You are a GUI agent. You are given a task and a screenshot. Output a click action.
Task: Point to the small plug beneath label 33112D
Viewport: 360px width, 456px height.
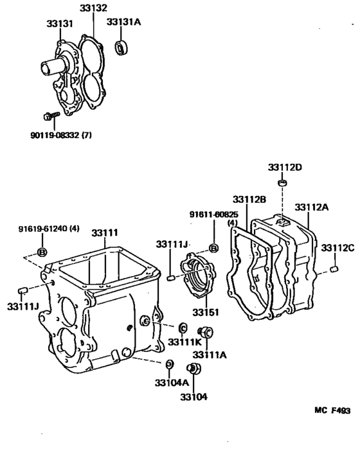282,184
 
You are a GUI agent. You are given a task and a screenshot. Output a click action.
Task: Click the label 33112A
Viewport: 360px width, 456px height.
312,207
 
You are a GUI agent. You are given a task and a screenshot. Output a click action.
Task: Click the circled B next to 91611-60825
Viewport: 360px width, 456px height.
214,248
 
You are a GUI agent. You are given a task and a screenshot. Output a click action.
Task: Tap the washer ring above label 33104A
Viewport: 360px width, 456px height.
170,364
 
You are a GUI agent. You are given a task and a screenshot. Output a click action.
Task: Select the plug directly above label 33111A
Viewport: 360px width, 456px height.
206,332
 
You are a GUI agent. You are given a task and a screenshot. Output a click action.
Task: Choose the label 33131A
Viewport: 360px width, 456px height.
123,21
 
